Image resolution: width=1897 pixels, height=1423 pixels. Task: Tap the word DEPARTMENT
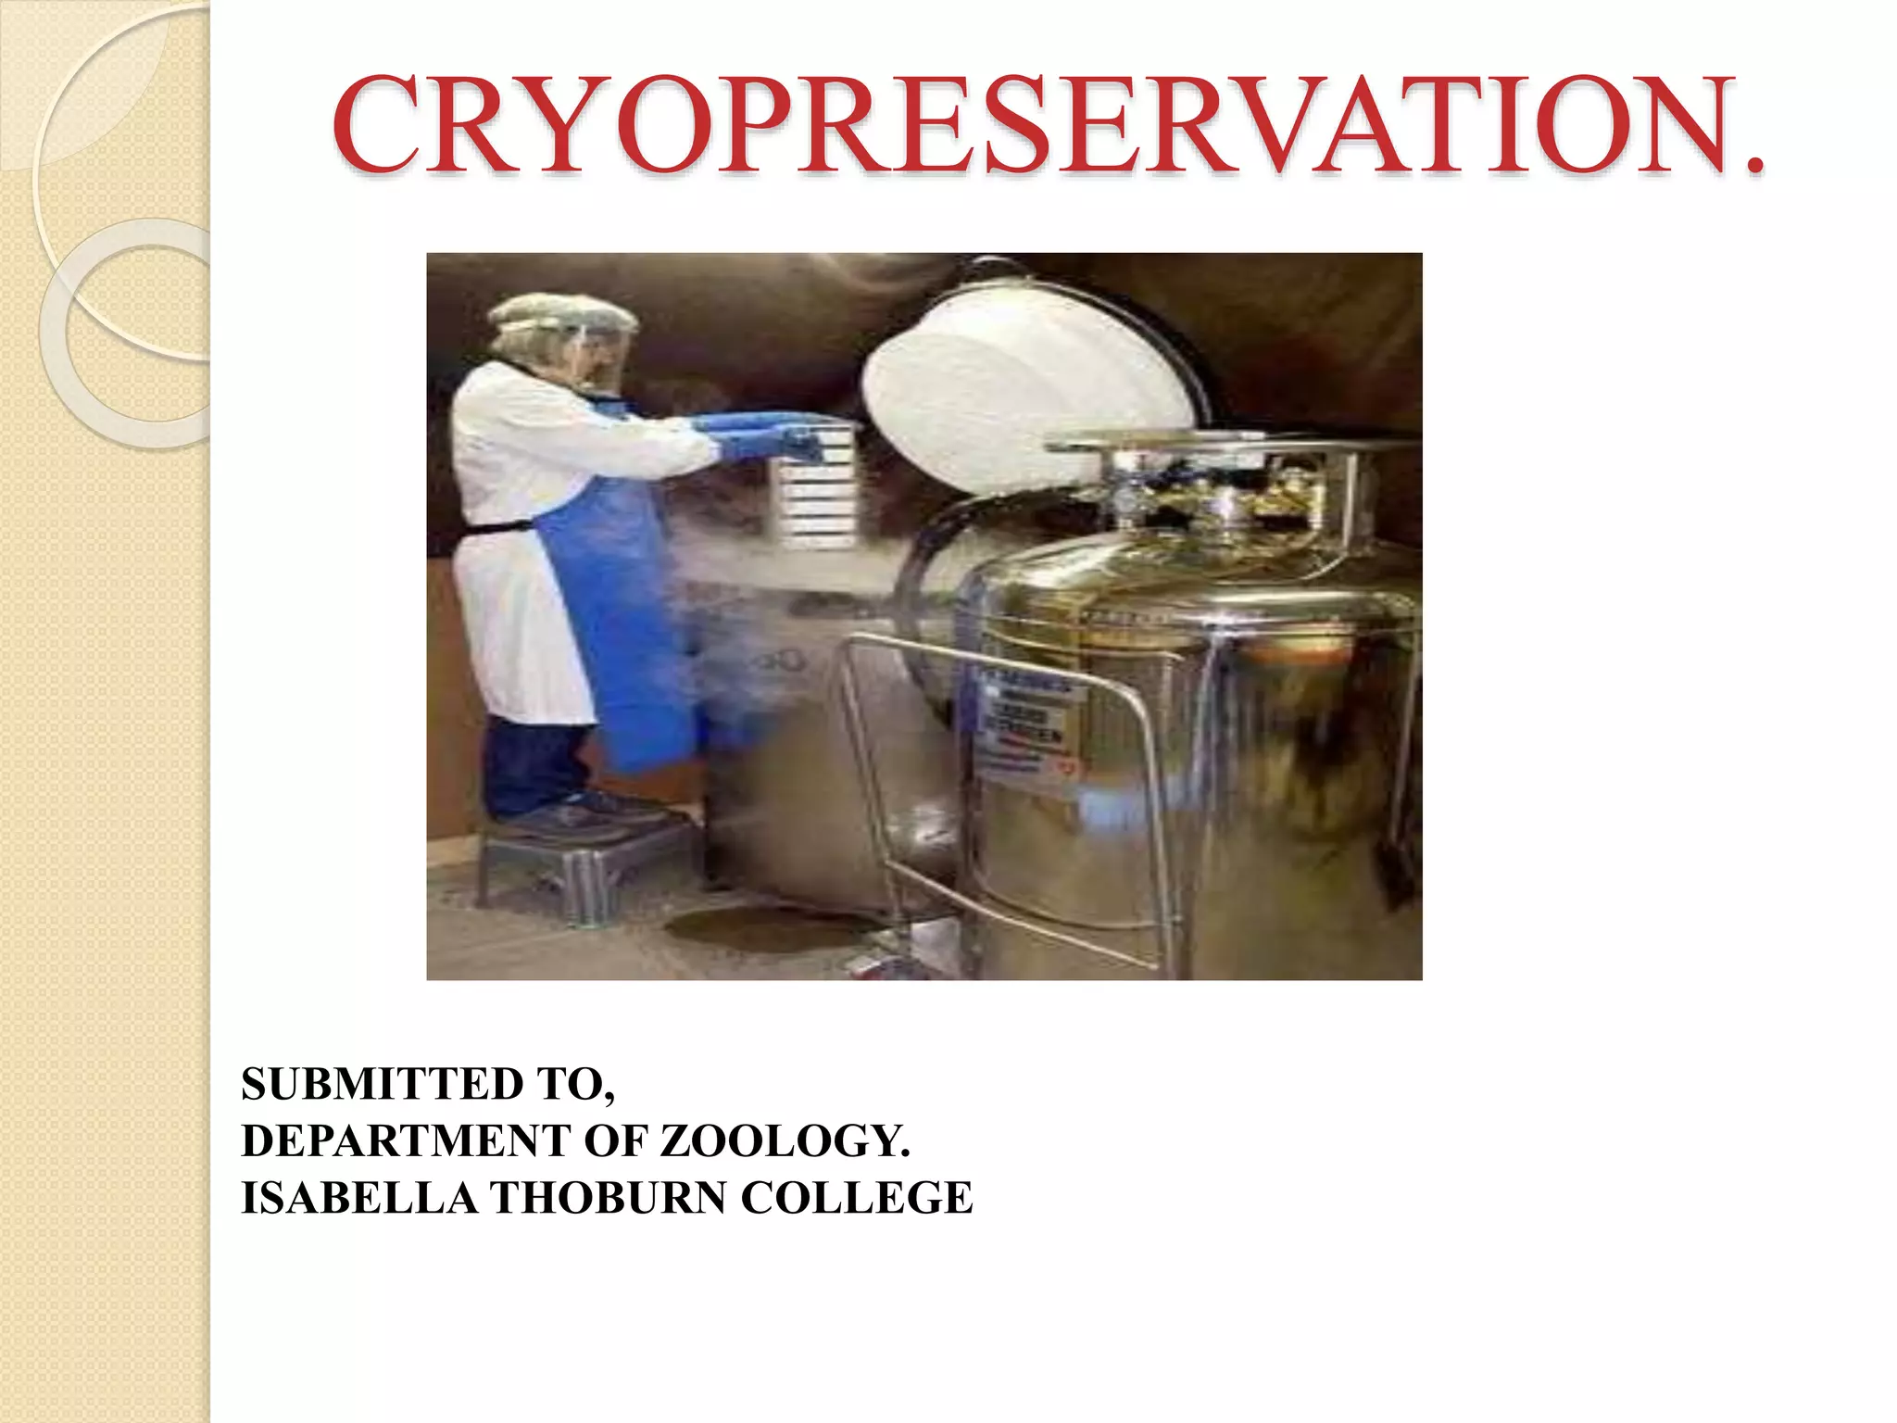pos(406,1141)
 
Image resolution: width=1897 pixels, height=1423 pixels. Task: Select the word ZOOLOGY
pos(784,1141)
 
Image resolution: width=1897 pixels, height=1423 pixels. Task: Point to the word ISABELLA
pos(358,1198)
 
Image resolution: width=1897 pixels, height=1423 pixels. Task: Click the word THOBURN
pos(609,1198)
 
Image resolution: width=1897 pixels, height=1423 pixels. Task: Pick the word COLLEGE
pos(856,1198)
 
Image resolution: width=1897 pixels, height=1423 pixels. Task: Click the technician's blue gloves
pos(760,435)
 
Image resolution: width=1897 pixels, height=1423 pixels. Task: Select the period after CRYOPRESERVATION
pos(1753,167)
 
